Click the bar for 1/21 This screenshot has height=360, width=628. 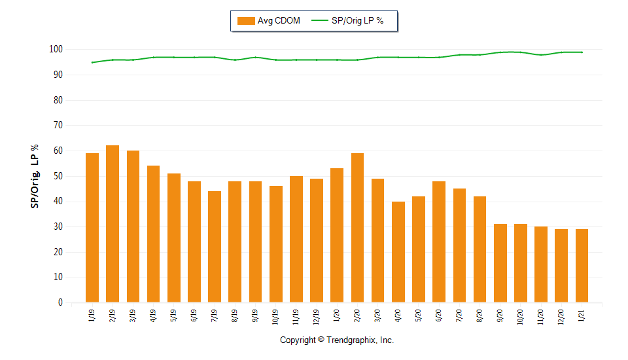pos(582,266)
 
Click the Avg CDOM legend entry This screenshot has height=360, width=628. pos(269,21)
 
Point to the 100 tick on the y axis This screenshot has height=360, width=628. pos(56,50)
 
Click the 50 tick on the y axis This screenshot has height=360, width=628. pos(58,176)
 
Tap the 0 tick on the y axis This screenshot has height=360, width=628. pos(60,303)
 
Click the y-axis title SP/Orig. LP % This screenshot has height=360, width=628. pos(35,176)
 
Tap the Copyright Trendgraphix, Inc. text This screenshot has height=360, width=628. pos(337,340)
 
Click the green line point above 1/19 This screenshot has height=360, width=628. pos(92,62)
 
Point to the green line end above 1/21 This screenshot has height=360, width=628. pos(582,52)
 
